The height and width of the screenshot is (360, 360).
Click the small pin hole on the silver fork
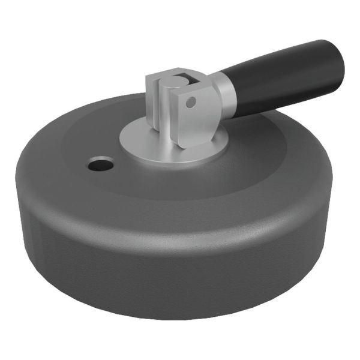[x=191, y=103]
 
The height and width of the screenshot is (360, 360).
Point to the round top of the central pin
[x=173, y=81]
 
